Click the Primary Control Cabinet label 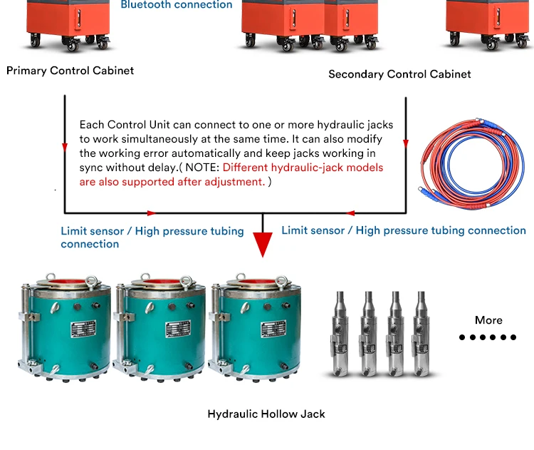tap(70, 71)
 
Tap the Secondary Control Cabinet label tap(399, 74)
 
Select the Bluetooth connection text tap(176, 5)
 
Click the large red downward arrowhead tap(263, 245)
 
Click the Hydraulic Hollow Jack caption tap(266, 414)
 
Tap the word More tap(488, 320)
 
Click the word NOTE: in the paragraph tap(201, 168)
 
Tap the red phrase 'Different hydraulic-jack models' tap(303, 168)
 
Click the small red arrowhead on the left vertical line tap(65, 148)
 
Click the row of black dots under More tap(488, 337)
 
